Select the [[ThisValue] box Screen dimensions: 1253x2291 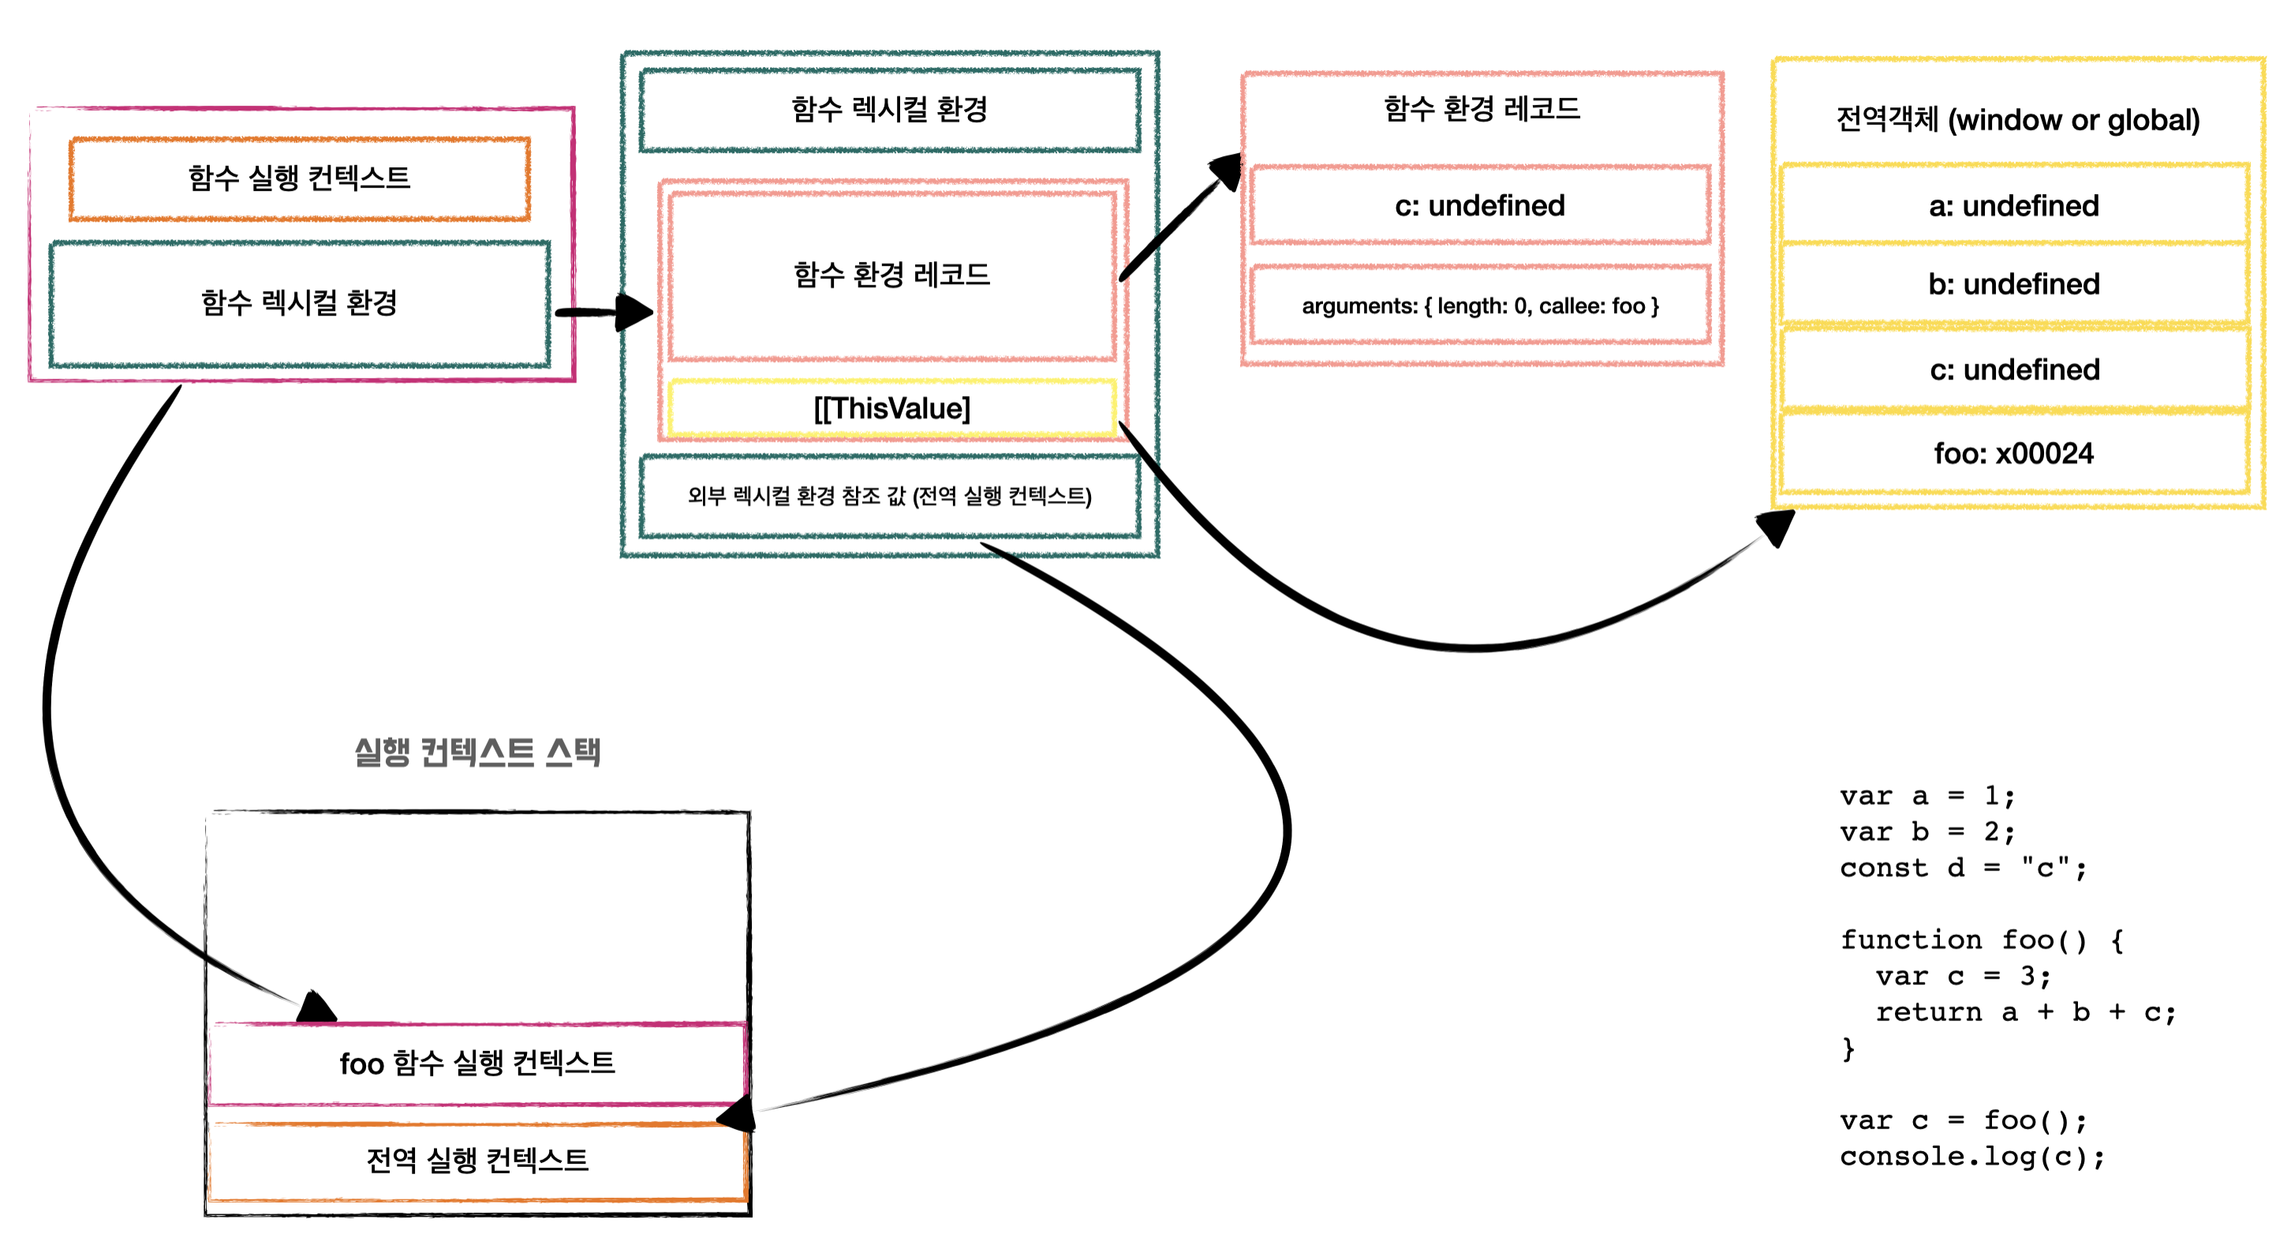point(891,409)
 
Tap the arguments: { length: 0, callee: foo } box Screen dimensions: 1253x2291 point(1480,306)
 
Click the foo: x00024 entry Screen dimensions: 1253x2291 point(2013,454)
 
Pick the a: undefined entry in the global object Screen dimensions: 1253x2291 point(2013,206)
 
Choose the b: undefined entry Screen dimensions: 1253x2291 point(2013,285)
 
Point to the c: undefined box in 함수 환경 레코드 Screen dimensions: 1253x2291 point(1480,206)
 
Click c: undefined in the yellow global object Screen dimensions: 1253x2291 point(2013,370)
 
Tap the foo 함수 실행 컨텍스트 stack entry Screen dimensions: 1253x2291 point(477,1064)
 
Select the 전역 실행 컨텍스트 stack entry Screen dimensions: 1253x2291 point(477,1161)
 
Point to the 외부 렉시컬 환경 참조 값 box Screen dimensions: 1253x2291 point(889,496)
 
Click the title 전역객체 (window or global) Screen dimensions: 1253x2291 point(2017,120)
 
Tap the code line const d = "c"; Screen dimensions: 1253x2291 point(1963,868)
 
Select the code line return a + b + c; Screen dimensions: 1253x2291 point(2025,1012)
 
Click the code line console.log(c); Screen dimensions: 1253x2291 point(1971,1157)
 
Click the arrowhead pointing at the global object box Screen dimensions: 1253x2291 point(1777,527)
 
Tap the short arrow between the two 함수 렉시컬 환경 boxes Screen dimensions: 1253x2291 point(605,312)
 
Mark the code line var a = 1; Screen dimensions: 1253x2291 point(1927,796)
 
